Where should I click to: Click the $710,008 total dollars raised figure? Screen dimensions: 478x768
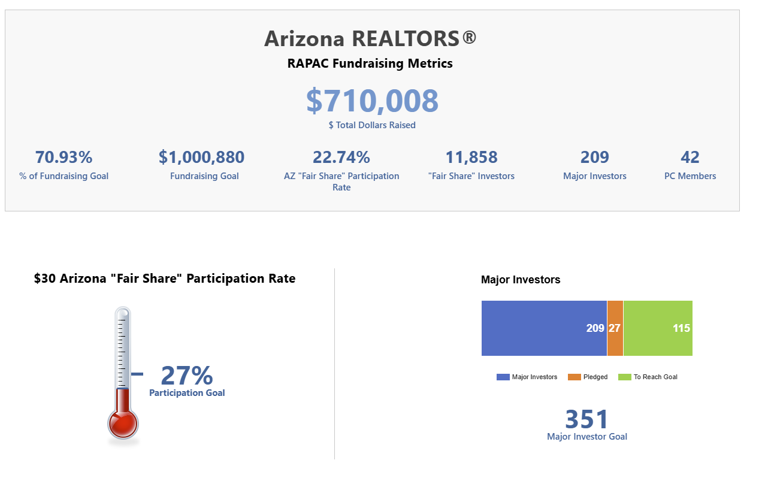tap(372, 101)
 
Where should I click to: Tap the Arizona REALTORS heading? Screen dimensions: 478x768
tap(370, 38)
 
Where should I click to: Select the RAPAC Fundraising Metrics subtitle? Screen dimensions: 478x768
tap(370, 63)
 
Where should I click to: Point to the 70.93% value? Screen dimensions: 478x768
tap(64, 158)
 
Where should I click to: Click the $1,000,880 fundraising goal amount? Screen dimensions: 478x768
tap(201, 158)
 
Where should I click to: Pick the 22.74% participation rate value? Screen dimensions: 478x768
tap(341, 158)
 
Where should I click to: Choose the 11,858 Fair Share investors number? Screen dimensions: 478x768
tap(471, 158)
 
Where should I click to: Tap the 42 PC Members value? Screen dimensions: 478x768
tap(690, 158)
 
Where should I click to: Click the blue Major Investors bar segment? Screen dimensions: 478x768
tap(544, 328)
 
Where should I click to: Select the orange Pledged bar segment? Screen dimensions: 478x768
tap(615, 328)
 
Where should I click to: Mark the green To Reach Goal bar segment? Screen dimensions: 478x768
tap(658, 328)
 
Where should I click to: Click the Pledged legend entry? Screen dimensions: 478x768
tap(588, 377)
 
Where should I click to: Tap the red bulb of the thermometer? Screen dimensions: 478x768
tap(123, 423)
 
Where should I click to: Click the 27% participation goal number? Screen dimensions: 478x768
tap(187, 376)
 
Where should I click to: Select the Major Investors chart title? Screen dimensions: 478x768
tap(521, 280)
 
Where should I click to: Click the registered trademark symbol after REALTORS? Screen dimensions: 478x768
tap(469, 37)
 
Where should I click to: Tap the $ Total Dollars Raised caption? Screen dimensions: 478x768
tap(372, 125)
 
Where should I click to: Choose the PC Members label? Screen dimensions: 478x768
tap(690, 176)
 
